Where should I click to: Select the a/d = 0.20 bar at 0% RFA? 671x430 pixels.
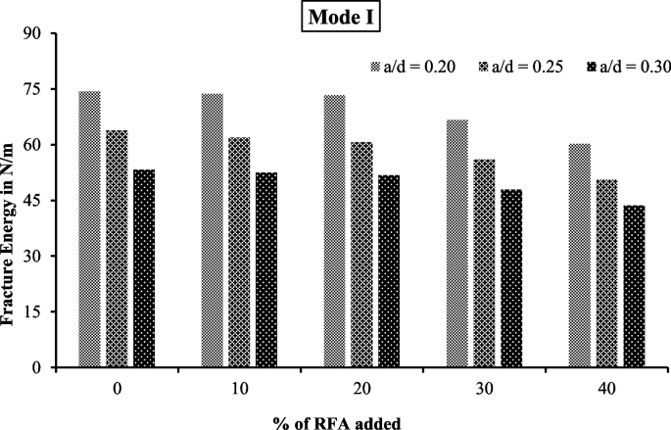click(89, 229)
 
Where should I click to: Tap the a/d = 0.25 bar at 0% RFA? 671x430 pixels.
click(117, 249)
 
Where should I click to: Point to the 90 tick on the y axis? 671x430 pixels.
click(40, 34)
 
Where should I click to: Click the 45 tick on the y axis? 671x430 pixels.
click(40, 201)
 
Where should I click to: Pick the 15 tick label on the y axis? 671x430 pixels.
click(40, 312)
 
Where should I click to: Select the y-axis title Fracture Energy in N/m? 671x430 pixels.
click(12, 201)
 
